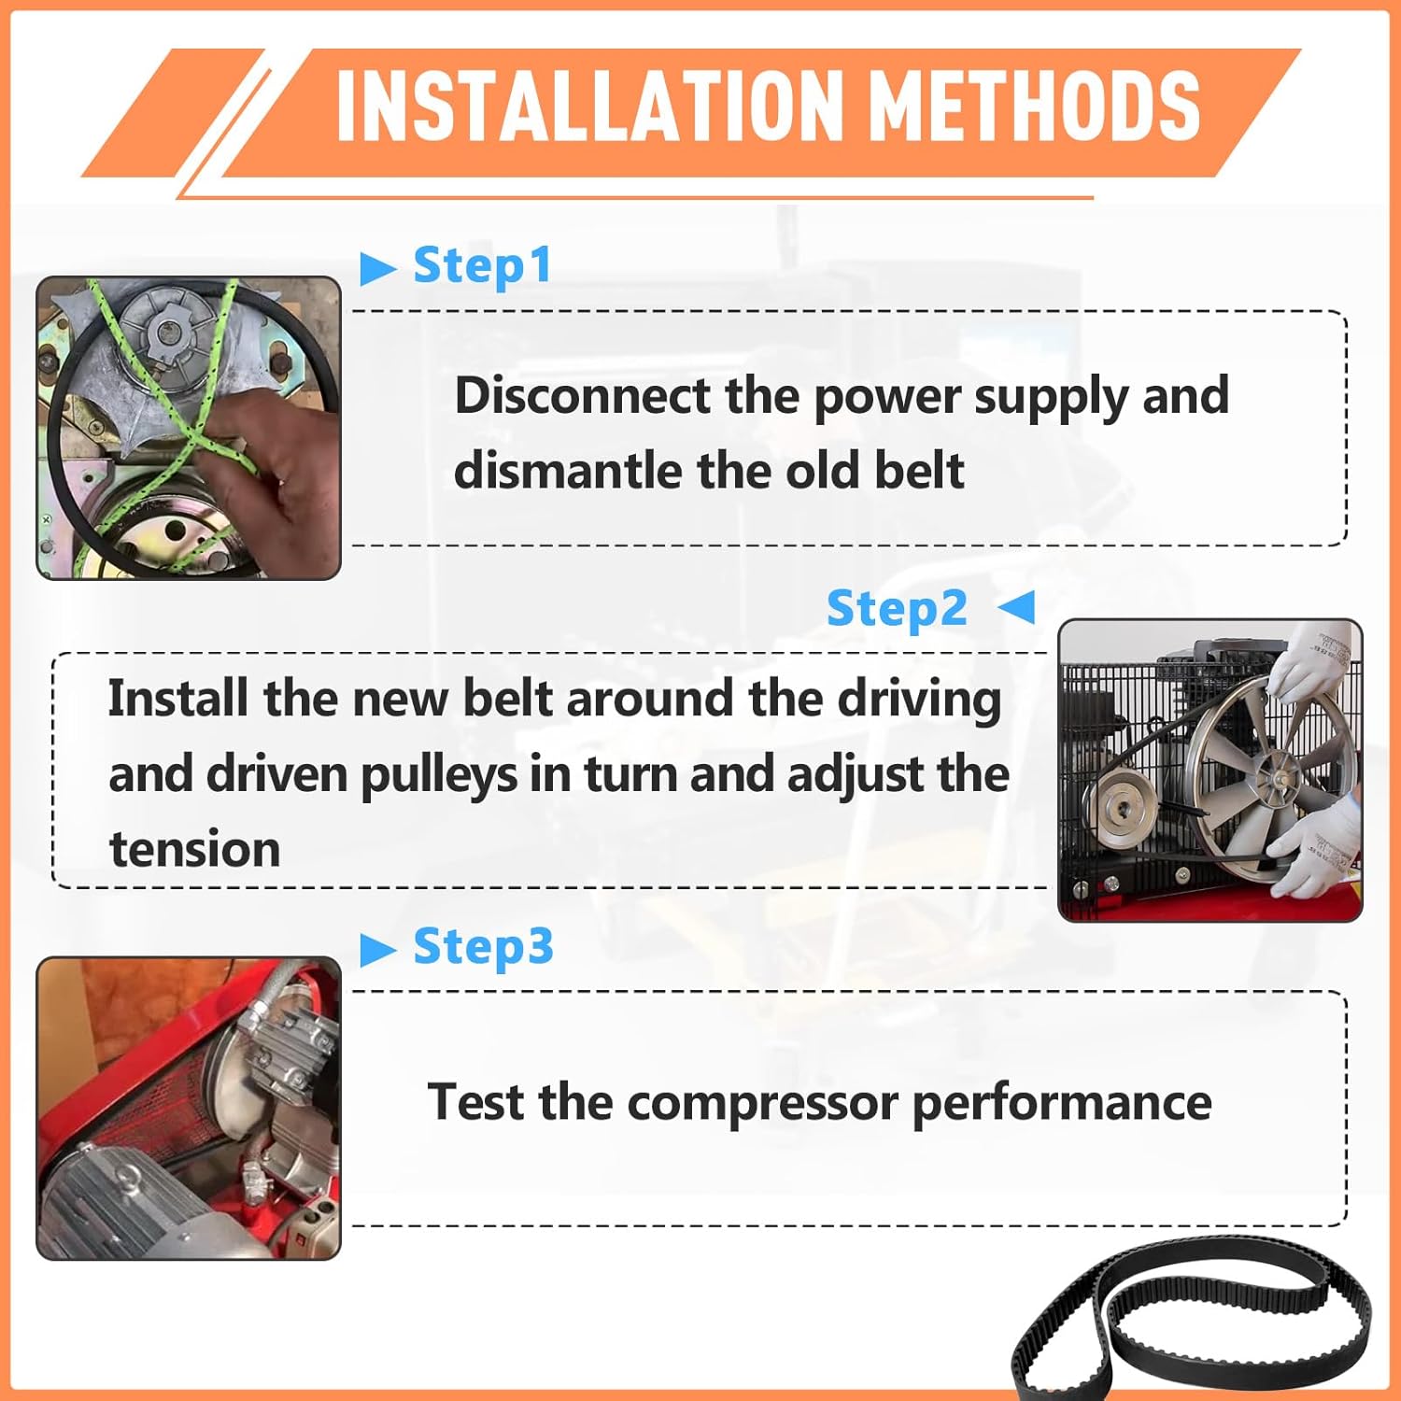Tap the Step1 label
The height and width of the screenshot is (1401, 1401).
482,266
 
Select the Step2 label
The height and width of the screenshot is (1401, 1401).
897,609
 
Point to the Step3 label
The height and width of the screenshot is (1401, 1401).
483,947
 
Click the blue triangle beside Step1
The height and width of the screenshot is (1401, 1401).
377,269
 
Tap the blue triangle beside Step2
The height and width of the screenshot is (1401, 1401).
1017,607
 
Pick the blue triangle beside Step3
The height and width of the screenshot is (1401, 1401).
377,950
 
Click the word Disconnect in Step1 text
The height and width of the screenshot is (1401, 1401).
583,395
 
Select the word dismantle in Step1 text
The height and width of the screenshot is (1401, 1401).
568,470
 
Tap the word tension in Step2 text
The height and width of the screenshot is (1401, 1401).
194,850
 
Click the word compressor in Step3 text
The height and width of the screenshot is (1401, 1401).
762,1103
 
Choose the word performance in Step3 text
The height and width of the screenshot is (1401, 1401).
1061,1103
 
